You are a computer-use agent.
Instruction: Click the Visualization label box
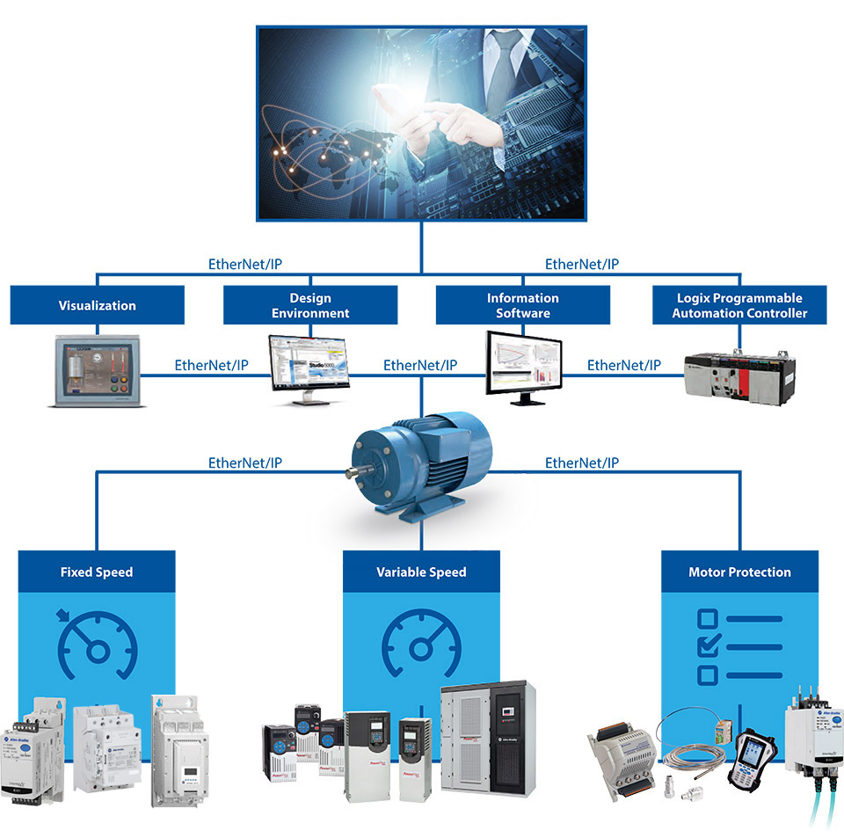click(x=98, y=305)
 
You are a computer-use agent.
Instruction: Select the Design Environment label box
click(x=309, y=305)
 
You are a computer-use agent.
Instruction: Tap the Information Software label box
click(x=522, y=305)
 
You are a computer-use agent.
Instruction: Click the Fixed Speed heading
click(x=97, y=572)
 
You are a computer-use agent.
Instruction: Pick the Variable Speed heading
click(x=421, y=572)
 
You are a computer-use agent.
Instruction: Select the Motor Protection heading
click(x=739, y=572)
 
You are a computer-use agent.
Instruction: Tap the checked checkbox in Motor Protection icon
click(x=708, y=647)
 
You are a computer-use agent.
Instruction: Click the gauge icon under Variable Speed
click(x=420, y=647)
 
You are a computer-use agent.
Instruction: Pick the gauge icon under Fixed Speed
click(x=97, y=647)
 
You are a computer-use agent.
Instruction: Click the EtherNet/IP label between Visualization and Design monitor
click(x=211, y=365)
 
